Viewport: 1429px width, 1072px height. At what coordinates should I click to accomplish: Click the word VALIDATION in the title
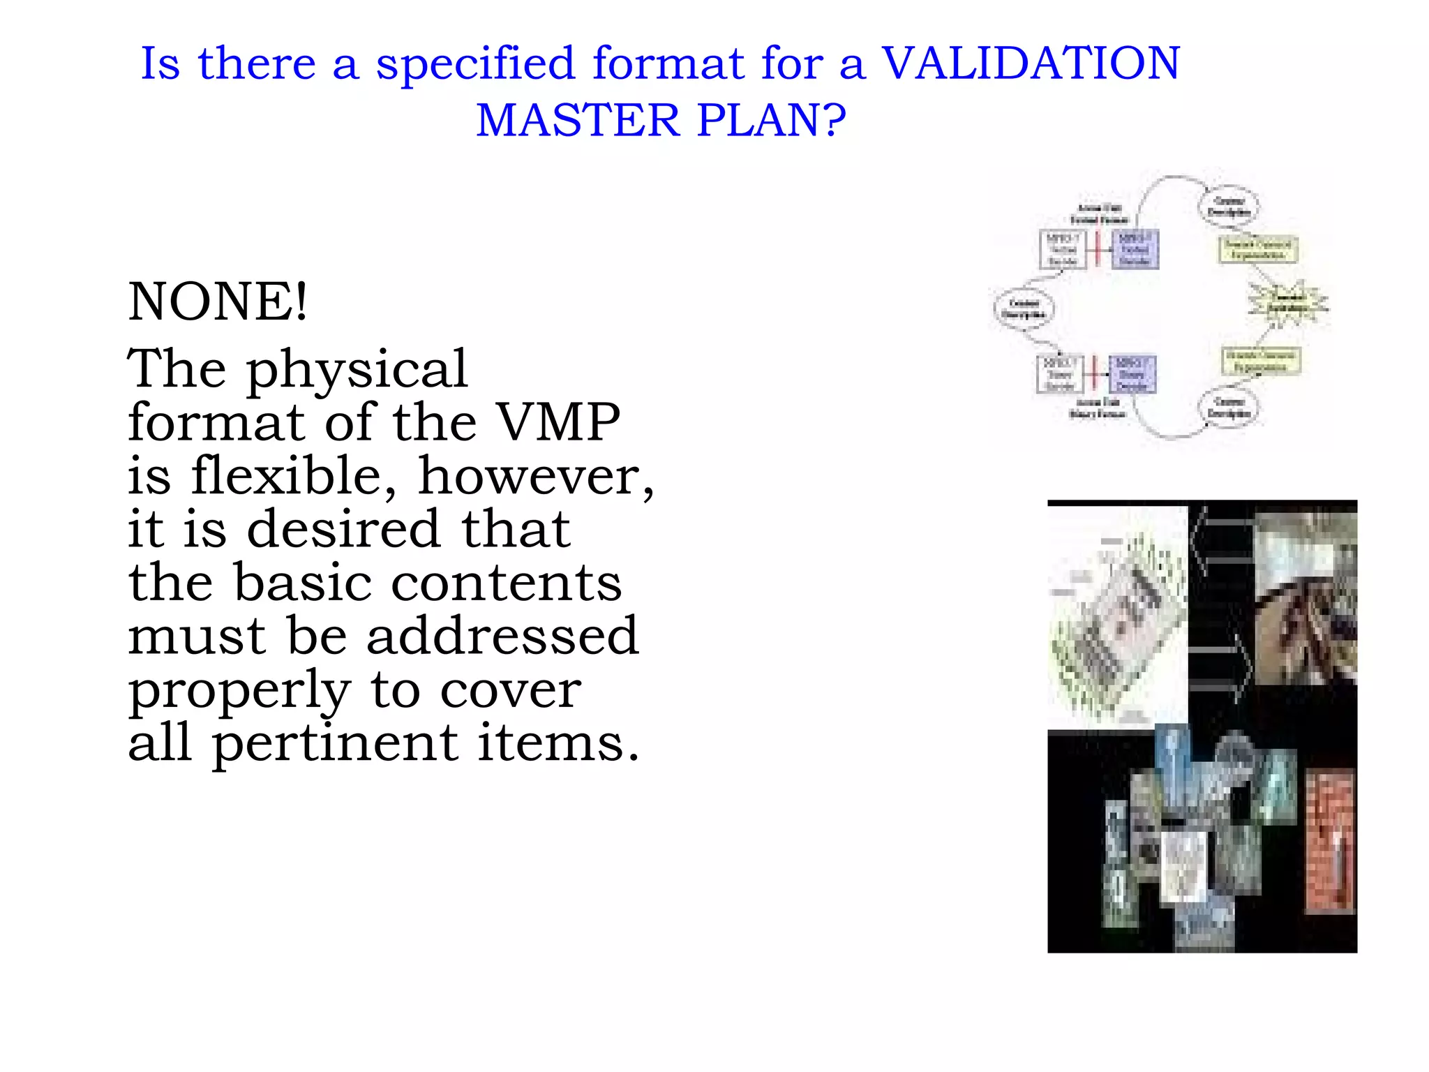1031,64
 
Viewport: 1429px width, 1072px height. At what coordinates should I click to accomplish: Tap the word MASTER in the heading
578,120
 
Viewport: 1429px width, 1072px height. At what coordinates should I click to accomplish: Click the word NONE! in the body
217,301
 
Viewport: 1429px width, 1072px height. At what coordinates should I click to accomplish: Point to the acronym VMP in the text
558,422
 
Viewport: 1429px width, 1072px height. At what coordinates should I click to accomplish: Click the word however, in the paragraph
536,476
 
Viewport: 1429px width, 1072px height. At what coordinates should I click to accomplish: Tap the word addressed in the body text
502,636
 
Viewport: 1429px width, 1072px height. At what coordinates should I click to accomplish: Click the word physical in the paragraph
356,369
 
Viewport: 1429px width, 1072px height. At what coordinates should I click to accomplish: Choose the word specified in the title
475,64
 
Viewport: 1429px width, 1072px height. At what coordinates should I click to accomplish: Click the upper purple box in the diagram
1135,249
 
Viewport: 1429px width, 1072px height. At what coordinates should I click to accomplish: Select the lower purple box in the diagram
1132,375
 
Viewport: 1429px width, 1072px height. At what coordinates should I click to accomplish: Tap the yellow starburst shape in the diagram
1287,304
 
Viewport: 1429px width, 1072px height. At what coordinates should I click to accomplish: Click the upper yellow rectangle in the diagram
1258,249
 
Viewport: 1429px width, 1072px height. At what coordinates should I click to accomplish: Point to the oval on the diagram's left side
1024,308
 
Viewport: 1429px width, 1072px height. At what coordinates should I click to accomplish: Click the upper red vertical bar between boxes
1098,248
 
